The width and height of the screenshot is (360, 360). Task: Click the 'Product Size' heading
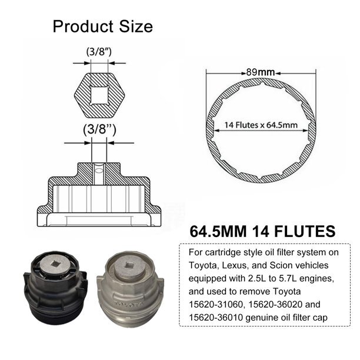click(x=102, y=26)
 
